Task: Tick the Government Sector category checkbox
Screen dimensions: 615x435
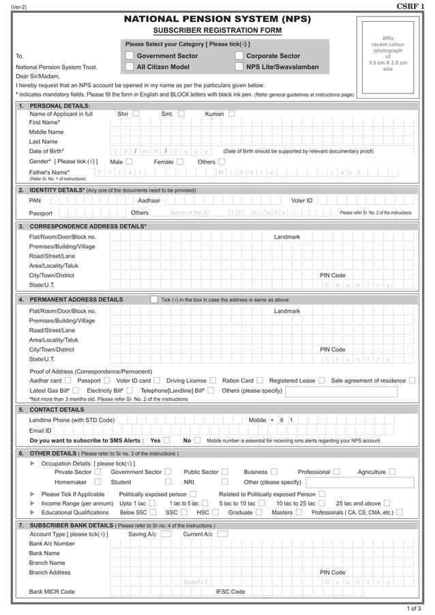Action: click(x=130, y=56)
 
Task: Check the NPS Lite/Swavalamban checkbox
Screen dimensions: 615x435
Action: click(x=239, y=67)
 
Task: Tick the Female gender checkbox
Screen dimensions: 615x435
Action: click(x=179, y=162)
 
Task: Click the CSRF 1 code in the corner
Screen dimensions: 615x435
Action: click(x=410, y=6)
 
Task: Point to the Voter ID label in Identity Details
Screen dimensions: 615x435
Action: click(x=301, y=200)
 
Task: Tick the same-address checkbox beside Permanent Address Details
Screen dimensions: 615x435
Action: click(x=154, y=299)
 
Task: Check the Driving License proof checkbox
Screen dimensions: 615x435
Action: click(x=213, y=380)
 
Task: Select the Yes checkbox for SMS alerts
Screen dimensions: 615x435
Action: click(x=166, y=440)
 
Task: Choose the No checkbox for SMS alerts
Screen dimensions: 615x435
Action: click(x=197, y=440)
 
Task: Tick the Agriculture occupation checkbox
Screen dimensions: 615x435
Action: click(x=391, y=472)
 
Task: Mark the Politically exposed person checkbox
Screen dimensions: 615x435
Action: click(x=193, y=494)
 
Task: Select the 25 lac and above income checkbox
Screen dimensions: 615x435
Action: click(x=387, y=503)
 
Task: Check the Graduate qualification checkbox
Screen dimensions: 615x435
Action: click(x=259, y=512)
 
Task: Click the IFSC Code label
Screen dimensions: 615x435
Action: click(x=230, y=592)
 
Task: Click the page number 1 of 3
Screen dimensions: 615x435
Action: click(x=413, y=607)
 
